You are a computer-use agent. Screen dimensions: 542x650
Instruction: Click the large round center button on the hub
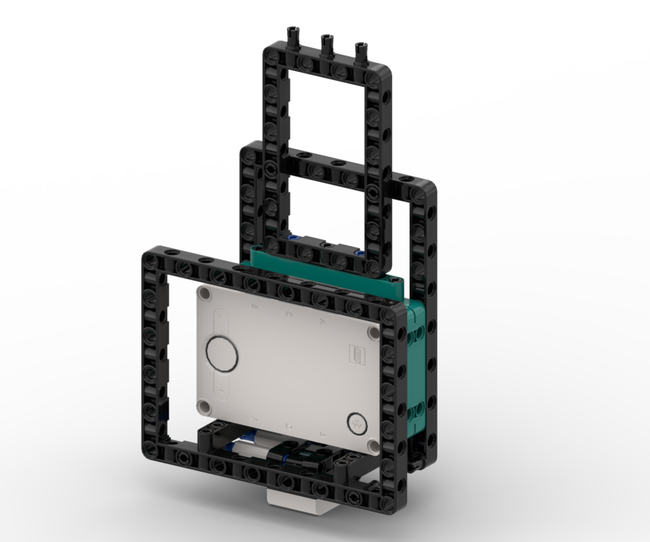221,353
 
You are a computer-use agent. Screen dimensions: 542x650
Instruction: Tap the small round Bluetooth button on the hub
356,423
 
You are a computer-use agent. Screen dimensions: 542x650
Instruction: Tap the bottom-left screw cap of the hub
204,406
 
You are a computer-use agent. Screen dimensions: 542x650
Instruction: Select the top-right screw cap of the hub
373,333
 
